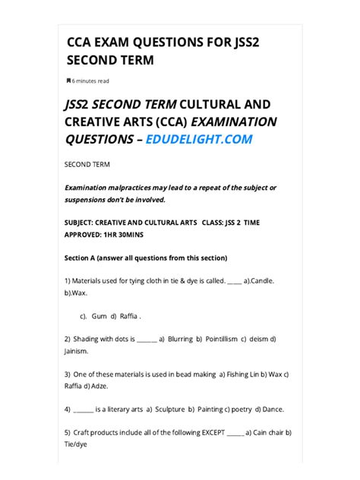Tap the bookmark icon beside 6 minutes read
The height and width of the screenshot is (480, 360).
point(68,81)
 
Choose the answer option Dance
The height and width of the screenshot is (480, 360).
point(271,409)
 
